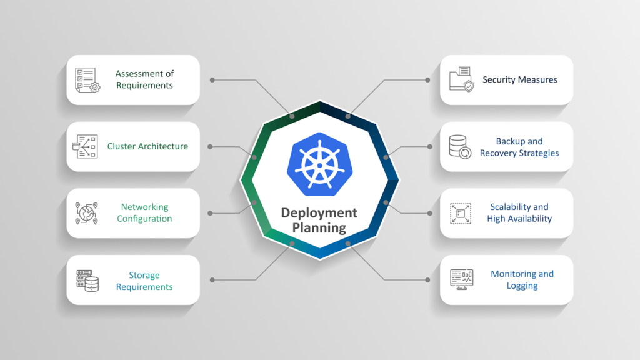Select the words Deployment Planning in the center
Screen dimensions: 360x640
(319, 219)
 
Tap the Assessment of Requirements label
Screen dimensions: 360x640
(144, 79)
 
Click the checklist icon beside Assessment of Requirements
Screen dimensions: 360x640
(87, 80)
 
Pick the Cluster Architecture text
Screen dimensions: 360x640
(147, 146)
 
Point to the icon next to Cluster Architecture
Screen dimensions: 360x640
(87, 146)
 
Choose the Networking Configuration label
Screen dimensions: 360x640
(144, 213)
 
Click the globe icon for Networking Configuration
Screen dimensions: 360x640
(87, 213)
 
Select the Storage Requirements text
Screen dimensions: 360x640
(144, 281)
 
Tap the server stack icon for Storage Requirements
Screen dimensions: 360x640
(87, 281)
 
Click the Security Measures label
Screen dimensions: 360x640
(519, 79)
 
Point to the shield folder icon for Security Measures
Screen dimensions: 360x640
(461, 80)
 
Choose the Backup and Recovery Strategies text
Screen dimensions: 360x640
(519, 147)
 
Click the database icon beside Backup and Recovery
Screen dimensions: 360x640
(461, 147)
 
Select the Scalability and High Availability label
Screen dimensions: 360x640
(519, 213)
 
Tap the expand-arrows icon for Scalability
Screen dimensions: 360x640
(461, 213)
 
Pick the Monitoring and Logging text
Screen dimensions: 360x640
(522, 280)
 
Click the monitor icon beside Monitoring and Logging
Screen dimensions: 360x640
(461, 279)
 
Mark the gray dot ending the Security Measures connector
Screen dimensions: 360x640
(428, 80)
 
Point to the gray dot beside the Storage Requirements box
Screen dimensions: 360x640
(212, 280)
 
